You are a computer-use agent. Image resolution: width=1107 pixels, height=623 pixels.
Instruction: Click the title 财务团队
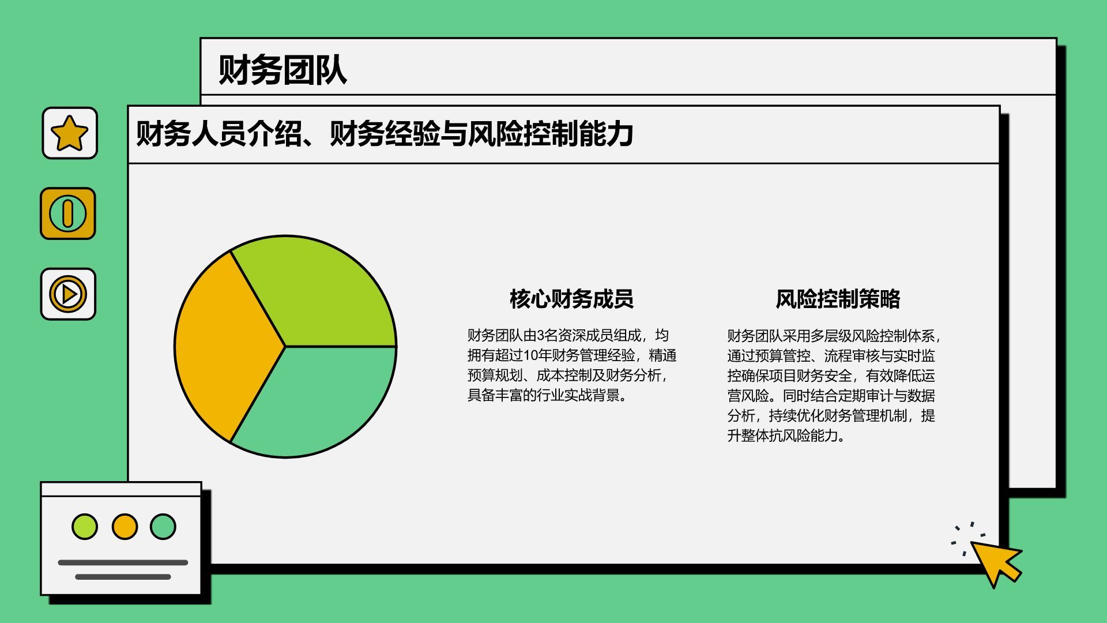click(x=283, y=71)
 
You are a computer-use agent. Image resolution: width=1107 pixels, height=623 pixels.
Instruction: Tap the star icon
click(x=70, y=133)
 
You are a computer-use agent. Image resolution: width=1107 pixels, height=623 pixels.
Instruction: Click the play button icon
click(x=68, y=294)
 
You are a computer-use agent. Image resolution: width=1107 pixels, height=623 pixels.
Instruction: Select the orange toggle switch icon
click(x=68, y=213)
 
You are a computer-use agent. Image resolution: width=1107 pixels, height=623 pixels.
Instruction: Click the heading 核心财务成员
click(x=571, y=299)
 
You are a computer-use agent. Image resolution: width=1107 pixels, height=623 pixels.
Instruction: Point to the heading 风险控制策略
click(x=838, y=299)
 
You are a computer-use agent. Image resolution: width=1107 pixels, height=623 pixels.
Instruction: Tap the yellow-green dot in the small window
click(x=85, y=527)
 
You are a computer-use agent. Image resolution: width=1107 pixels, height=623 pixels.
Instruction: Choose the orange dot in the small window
click(x=125, y=527)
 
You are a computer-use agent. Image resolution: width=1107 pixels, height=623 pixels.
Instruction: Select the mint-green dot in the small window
click(x=163, y=527)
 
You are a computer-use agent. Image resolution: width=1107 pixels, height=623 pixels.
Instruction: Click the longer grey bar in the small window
click(x=123, y=562)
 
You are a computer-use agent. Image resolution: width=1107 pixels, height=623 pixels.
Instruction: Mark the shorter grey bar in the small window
click(x=123, y=577)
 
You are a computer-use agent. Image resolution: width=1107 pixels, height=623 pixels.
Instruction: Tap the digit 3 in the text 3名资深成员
click(x=541, y=336)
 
